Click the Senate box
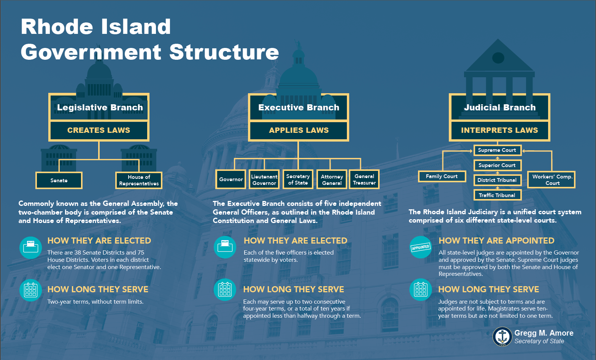point(59,180)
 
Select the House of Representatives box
point(139,180)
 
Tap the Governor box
point(231,179)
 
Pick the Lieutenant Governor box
point(264,180)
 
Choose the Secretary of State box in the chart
point(298,179)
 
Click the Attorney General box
point(332,180)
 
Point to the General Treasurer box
point(364,179)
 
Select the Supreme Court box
point(497,150)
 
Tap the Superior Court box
point(497,165)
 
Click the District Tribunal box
point(497,180)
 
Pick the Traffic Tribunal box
point(497,195)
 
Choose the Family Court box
point(442,176)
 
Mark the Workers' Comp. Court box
point(551,180)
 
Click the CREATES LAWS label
point(99,130)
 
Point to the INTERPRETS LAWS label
point(499,130)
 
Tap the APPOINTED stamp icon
point(421,247)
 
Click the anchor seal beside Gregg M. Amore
point(502,337)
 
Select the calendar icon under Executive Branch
point(225,290)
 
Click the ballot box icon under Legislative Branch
point(31,247)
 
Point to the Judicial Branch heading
point(499,107)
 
